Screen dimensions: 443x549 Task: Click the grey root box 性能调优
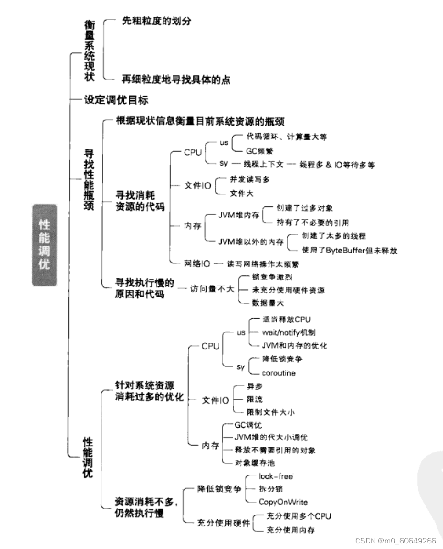(x=45, y=245)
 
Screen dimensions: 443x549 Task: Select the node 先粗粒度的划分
(x=156, y=21)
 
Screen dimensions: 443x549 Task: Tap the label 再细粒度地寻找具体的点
(x=176, y=80)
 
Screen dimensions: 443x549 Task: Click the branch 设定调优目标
(x=116, y=99)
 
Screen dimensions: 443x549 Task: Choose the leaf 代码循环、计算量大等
(x=286, y=137)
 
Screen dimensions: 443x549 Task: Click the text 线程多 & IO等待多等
(x=337, y=165)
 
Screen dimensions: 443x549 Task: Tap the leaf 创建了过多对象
(x=304, y=208)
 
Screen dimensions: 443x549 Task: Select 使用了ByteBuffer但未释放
(x=349, y=250)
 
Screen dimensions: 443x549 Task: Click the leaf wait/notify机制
(x=288, y=332)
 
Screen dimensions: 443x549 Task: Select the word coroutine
(x=279, y=373)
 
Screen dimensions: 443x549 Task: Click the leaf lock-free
(x=275, y=476)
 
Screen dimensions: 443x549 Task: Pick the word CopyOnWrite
(x=283, y=502)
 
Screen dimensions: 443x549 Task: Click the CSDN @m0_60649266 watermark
(x=396, y=540)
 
